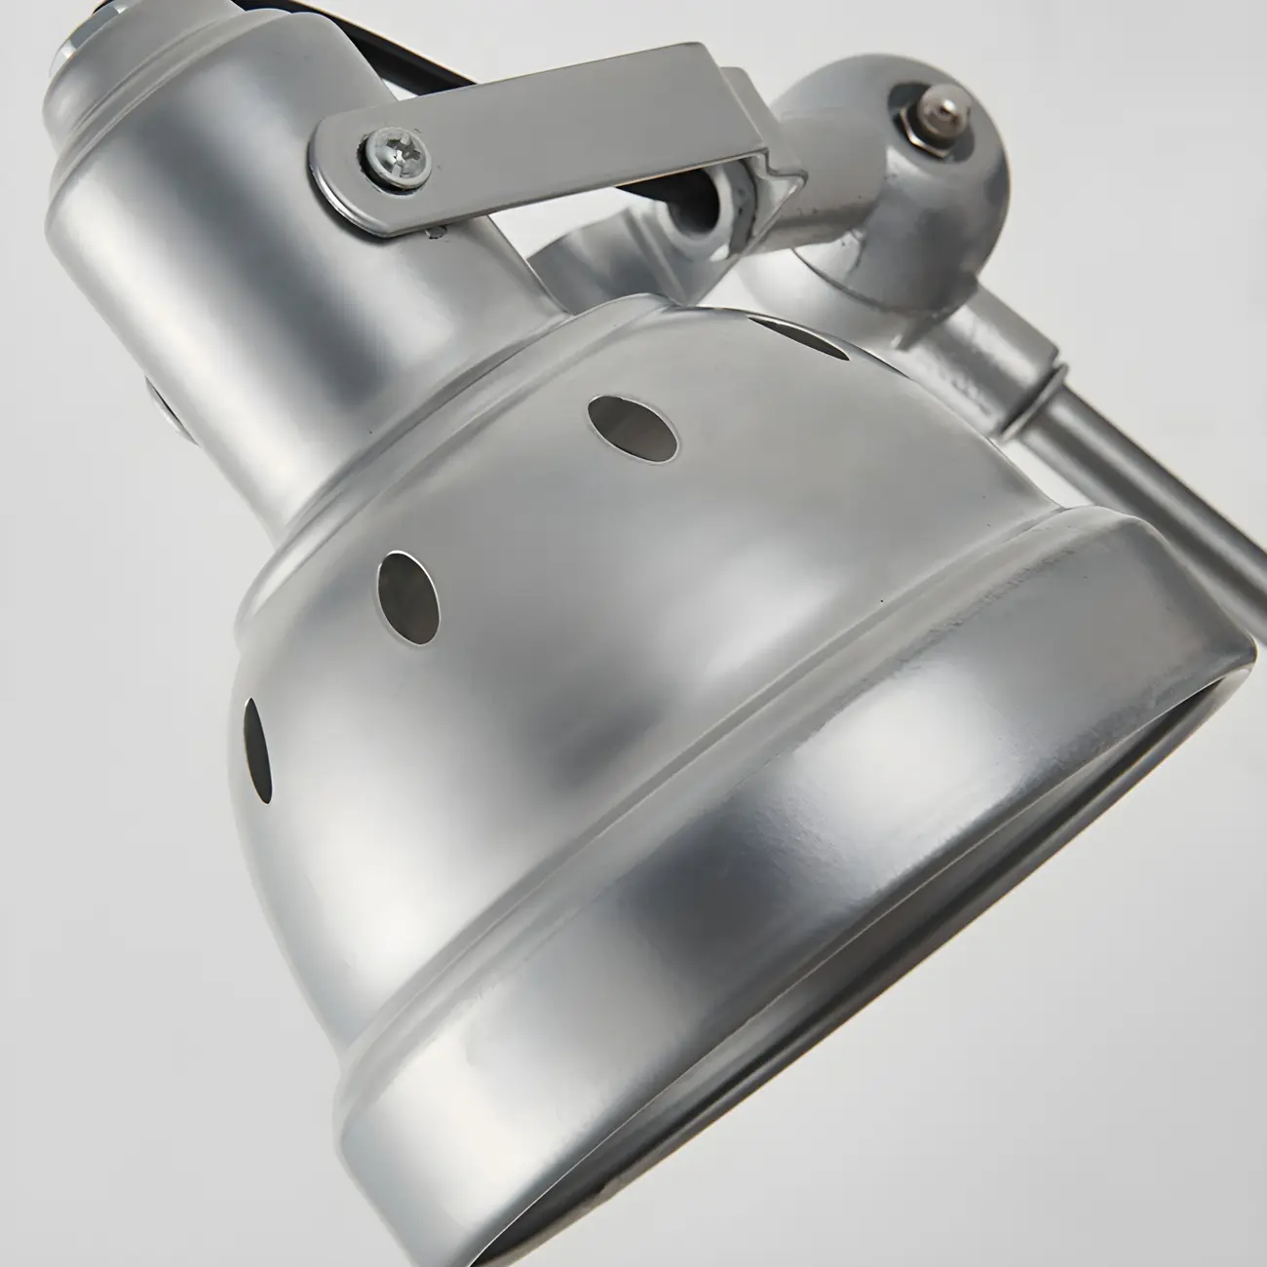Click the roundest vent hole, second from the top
click(x=633, y=426)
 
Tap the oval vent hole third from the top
click(x=409, y=595)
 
